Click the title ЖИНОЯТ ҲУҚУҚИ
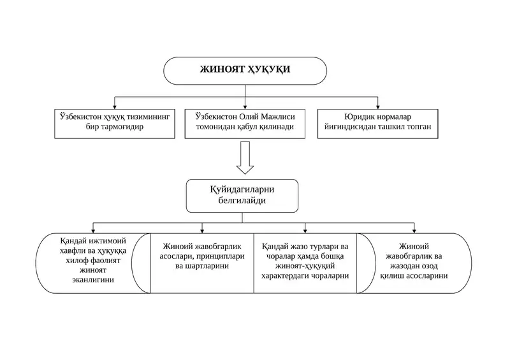pyautogui.click(x=245, y=69)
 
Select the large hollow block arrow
pyautogui.click(x=245, y=158)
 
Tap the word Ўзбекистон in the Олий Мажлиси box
pyautogui.click(x=216, y=117)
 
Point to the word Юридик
pyautogui.click(x=359, y=117)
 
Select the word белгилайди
pyautogui.click(x=242, y=200)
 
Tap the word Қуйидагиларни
pyautogui.click(x=242, y=189)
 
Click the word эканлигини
pyautogui.click(x=93, y=280)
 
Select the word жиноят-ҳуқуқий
pyautogui.click(x=305, y=266)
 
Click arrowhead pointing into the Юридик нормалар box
pyautogui.click(x=377, y=107)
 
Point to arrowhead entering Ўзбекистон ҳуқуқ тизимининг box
pyautogui.click(x=115, y=107)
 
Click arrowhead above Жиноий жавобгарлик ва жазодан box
pyautogui.click(x=414, y=231)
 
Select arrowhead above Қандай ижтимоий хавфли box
pyautogui.click(x=93, y=231)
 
